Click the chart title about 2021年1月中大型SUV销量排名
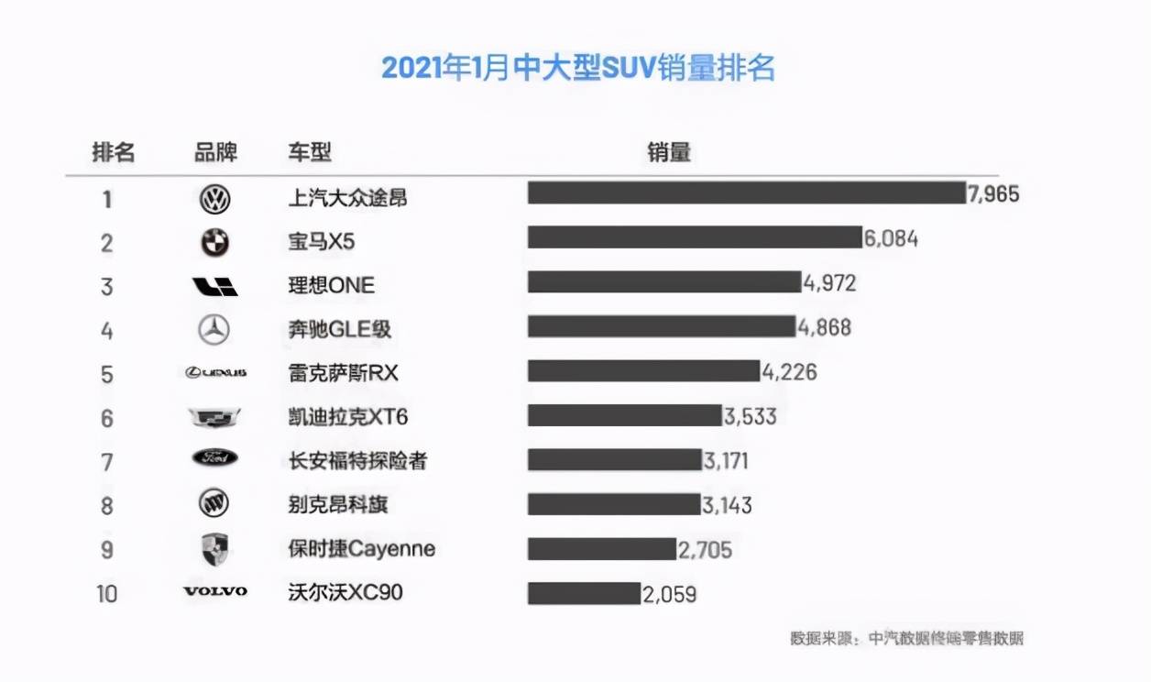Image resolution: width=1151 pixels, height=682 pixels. click(x=577, y=69)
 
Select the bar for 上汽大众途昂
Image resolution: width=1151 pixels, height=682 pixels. click(x=746, y=193)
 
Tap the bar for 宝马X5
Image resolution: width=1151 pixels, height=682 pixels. click(x=694, y=237)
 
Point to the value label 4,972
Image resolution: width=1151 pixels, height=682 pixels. click(x=830, y=283)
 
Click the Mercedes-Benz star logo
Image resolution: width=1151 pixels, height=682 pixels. click(x=214, y=329)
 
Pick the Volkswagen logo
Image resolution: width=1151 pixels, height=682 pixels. click(x=215, y=199)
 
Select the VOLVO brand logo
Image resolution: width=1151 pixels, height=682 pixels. click(x=215, y=592)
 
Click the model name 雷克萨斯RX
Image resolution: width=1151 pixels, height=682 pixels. click(x=344, y=373)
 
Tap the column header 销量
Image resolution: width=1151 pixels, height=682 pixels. click(x=668, y=152)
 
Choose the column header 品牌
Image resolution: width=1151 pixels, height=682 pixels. click(x=215, y=152)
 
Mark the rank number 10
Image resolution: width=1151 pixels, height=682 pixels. click(x=107, y=594)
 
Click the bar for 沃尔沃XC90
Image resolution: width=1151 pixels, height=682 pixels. click(x=584, y=593)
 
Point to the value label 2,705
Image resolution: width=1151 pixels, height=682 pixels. click(x=706, y=550)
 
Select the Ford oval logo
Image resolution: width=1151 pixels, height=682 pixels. click(x=215, y=458)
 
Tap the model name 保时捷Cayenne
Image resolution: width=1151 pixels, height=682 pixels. click(x=361, y=549)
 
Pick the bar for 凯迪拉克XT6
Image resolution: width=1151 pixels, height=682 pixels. click(x=624, y=415)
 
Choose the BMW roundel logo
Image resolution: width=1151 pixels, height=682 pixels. click(x=215, y=243)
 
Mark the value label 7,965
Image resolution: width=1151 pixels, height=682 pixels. click(x=994, y=194)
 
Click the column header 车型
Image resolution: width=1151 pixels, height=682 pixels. click(x=310, y=152)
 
